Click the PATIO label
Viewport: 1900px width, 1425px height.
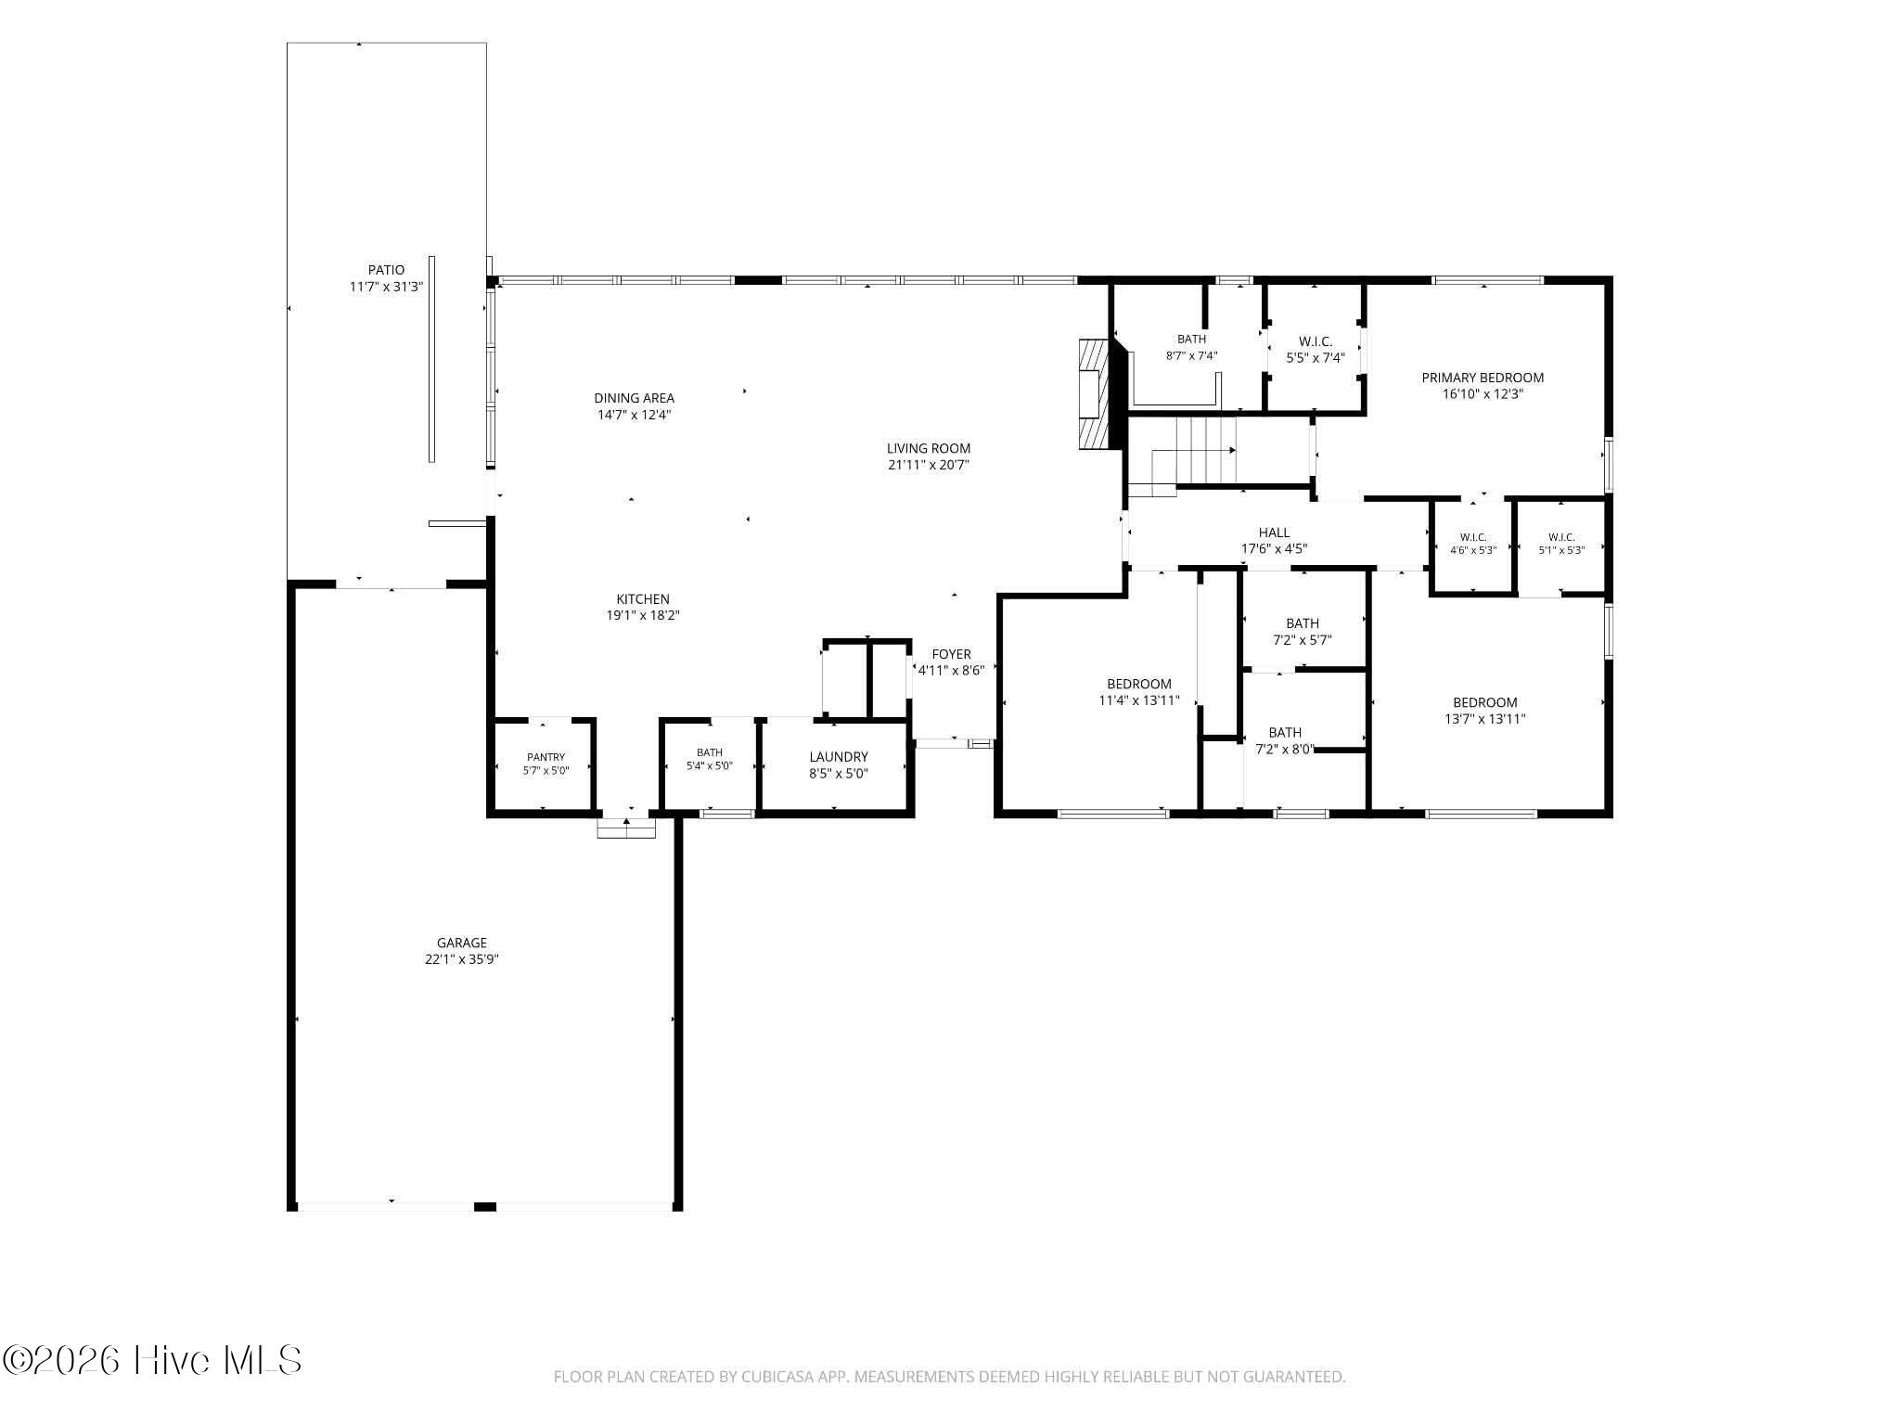click(x=386, y=270)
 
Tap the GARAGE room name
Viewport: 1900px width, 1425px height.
click(x=461, y=944)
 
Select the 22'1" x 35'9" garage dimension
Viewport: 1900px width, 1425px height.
click(x=462, y=960)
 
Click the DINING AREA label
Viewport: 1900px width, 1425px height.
click(x=634, y=399)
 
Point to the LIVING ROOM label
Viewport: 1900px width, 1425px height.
click(x=929, y=449)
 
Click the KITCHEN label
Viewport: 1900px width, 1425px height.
click(x=643, y=599)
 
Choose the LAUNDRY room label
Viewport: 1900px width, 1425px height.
click(x=839, y=757)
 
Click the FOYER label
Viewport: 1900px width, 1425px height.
click(x=952, y=654)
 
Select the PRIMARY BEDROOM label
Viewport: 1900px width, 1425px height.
click(x=1483, y=378)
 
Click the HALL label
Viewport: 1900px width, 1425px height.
click(x=1274, y=533)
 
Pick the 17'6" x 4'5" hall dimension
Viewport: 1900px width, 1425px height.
click(x=1274, y=549)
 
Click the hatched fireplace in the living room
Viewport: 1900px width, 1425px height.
click(x=1095, y=395)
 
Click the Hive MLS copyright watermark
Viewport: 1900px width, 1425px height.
click(x=153, y=1361)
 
